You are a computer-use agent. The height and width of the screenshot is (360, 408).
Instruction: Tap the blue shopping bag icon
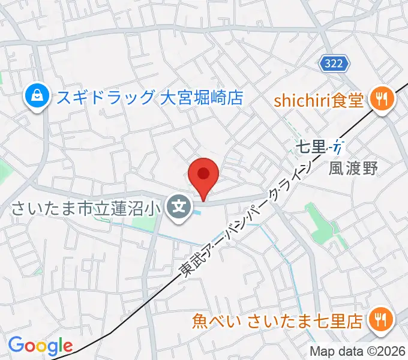pos(37,96)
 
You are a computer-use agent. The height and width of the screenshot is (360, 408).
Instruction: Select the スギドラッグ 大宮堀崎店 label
pos(150,97)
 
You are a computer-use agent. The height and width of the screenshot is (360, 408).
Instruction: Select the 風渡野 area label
pos(353,169)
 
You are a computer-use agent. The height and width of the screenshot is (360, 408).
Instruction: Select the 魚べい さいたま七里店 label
pos(277,321)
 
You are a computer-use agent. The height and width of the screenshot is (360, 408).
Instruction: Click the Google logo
pos(40,346)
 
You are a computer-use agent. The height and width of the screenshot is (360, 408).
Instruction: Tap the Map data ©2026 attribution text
pos(358,352)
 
